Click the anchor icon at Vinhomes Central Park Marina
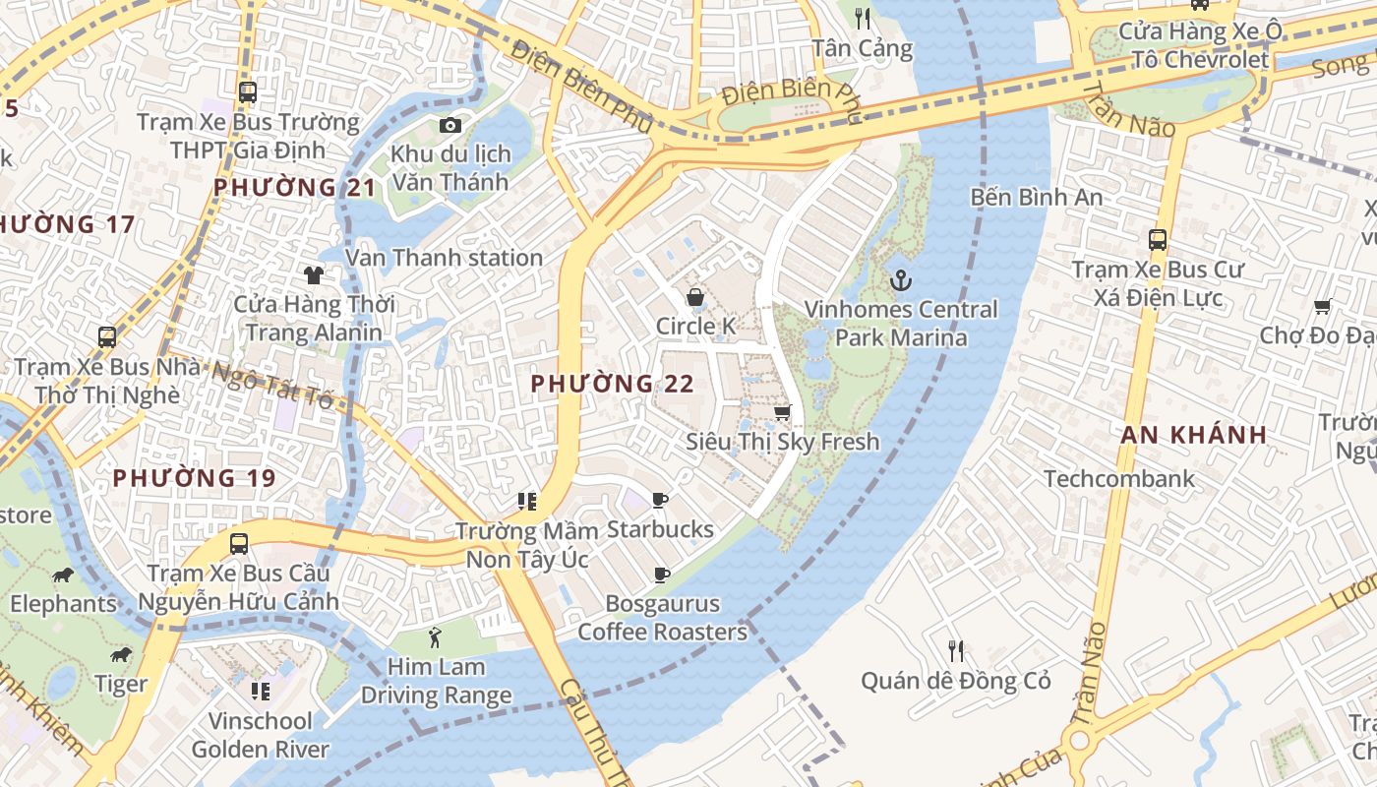pos(900,281)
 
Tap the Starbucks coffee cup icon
pos(660,501)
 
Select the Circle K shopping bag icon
pos(695,297)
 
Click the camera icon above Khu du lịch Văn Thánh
pos(450,125)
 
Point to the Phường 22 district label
pos(613,385)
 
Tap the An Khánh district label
pos(1194,435)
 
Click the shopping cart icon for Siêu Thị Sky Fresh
pos(783,413)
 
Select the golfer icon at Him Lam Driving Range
pos(436,637)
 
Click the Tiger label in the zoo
pos(121,684)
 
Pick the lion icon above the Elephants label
pos(63,575)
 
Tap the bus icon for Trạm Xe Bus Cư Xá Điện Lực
pos(1158,239)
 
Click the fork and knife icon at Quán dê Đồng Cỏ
pos(955,650)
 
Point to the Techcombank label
pos(1119,479)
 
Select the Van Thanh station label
pos(445,258)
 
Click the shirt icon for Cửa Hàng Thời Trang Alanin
pos(314,274)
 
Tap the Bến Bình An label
pos(1037,197)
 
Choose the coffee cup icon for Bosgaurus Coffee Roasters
pos(662,575)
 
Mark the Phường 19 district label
pos(194,479)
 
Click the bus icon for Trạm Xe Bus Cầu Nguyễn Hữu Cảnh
pos(238,543)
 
